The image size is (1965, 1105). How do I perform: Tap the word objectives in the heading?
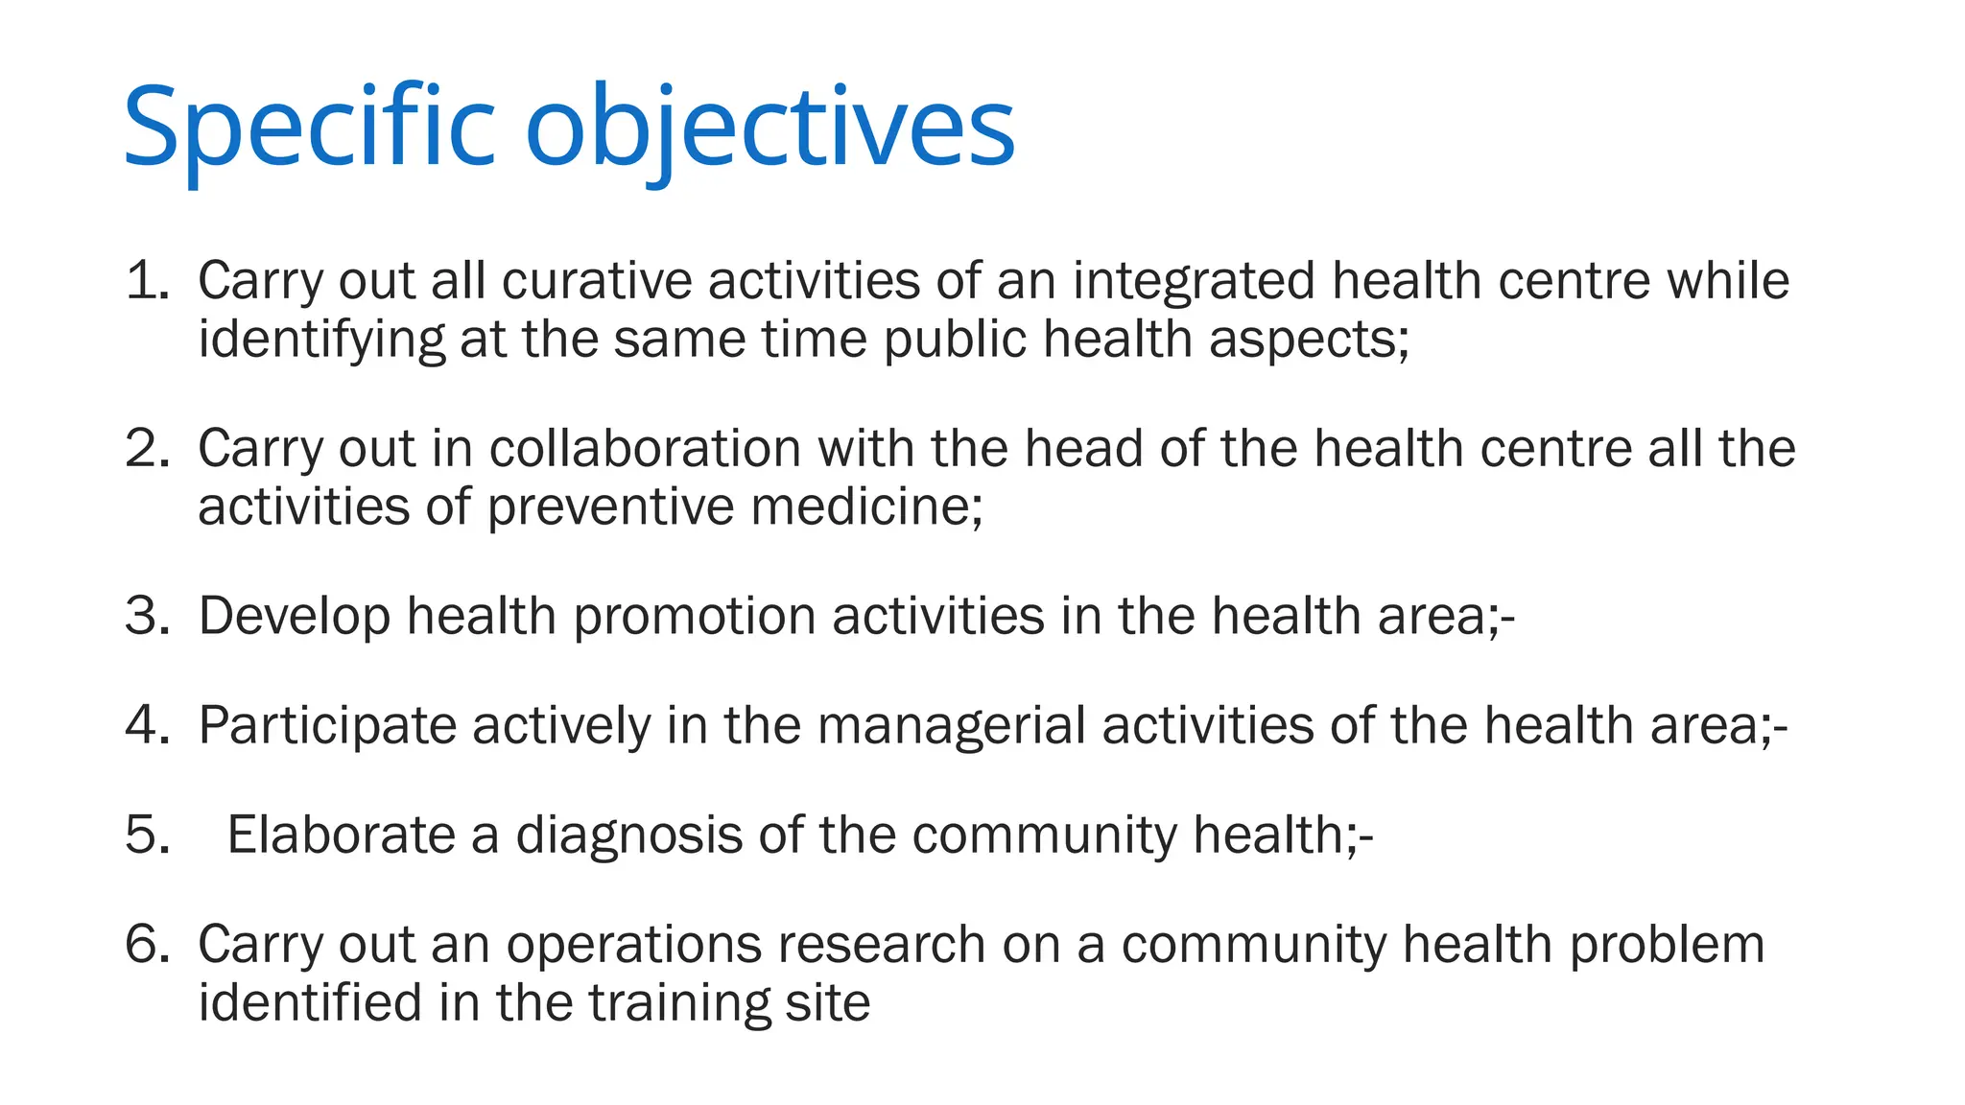pyautogui.click(x=769, y=128)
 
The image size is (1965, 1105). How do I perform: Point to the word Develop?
pyautogui.click(x=294, y=616)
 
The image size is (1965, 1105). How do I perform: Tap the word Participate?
pyautogui.click(x=327, y=725)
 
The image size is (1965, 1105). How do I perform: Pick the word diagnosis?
pyautogui.click(x=628, y=835)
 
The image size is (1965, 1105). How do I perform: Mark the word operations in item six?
pyautogui.click(x=633, y=945)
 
